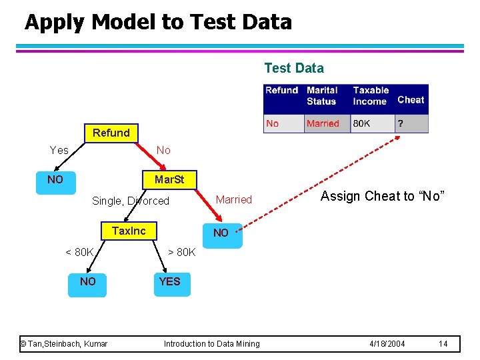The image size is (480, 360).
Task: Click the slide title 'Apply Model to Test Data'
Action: [x=158, y=22]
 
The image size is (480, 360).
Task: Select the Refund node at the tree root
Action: [x=111, y=133]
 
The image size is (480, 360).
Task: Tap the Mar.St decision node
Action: [x=169, y=180]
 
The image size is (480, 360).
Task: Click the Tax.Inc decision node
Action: [x=129, y=231]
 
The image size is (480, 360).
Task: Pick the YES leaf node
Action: [x=169, y=281]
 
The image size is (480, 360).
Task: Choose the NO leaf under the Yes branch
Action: [x=55, y=180]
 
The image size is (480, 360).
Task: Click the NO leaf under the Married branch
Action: [x=221, y=233]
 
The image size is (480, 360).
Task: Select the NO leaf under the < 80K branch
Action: [x=88, y=281]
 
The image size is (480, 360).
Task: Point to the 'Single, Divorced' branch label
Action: [x=131, y=201]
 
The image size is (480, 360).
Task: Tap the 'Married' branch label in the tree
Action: [x=233, y=199]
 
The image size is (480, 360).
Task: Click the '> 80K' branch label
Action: [x=181, y=252]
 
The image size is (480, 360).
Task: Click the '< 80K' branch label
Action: [x=79, y=252]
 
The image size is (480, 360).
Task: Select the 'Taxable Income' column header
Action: [x=371, y=95]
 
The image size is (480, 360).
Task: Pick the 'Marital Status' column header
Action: [x=322, y=95]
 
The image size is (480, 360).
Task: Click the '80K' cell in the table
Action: [x=362, y=123]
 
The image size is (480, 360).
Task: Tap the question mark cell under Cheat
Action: [x=400, y=123]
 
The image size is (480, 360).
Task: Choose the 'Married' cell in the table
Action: [x=323, y=123]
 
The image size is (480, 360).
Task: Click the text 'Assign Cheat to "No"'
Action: [x=383, y=196]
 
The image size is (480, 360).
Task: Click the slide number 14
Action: [x=443, y=344]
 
